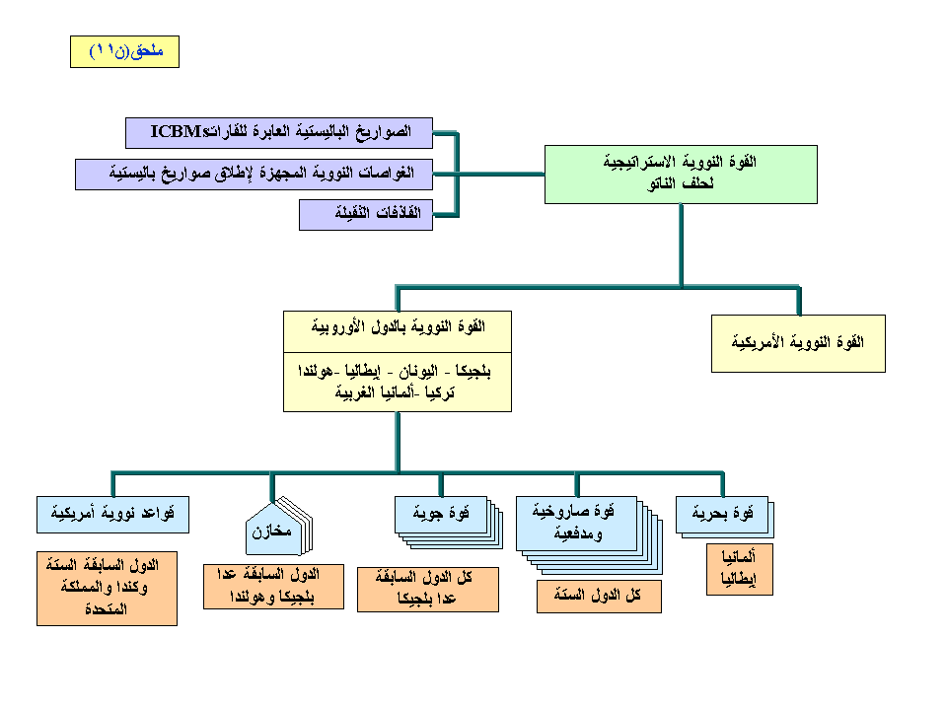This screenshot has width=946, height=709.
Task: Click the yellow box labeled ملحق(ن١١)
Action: coord(124,50)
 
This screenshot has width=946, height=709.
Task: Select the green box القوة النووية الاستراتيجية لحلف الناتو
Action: coord(681,174)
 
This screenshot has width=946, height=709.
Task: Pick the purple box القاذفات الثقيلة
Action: coord(366,214)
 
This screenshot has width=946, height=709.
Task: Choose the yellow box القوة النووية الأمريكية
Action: coord(798,343)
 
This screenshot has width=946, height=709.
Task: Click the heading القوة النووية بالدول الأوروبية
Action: coord(398,325)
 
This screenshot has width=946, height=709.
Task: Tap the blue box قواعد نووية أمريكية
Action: coord(111,513)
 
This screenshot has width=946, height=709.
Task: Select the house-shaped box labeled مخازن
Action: coord(270,532)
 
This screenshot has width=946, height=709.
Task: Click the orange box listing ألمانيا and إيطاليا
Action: coord(739,571)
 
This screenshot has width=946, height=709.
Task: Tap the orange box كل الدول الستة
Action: coord(599,597)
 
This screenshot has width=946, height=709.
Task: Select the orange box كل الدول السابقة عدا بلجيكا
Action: coord(427,589)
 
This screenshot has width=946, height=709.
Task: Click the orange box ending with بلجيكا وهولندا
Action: coord(272,586)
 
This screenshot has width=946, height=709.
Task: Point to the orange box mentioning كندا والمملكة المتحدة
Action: coord(106,589)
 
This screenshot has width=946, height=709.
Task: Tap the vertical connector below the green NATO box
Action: coord(681,245)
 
